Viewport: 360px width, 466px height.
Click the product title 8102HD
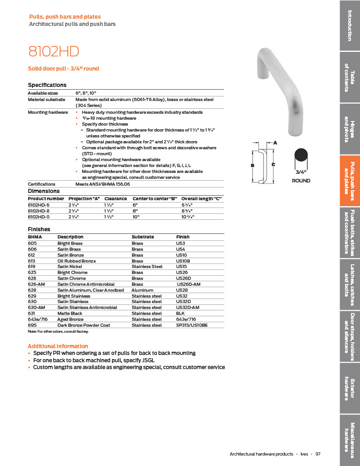point(50,51)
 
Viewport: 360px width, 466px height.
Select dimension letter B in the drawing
point(252,166)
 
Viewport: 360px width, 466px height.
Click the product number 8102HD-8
point(40,211)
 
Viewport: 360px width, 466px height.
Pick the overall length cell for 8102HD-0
point(188,217)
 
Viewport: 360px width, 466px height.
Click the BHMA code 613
point(32,261)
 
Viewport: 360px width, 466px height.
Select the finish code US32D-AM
point(187,307)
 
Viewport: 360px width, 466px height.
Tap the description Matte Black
point(70,313)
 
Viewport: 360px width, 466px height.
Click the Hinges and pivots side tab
point(350,128)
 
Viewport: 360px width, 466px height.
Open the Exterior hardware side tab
point(350,389)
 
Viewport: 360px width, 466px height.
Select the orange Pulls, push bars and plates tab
point(350,181)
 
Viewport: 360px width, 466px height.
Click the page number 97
point(318,454)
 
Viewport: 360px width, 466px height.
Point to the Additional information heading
point(58,346)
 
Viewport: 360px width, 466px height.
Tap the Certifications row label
point(41,184)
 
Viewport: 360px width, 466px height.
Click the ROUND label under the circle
point(301,181)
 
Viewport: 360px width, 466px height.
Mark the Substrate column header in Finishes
point(142,237)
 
